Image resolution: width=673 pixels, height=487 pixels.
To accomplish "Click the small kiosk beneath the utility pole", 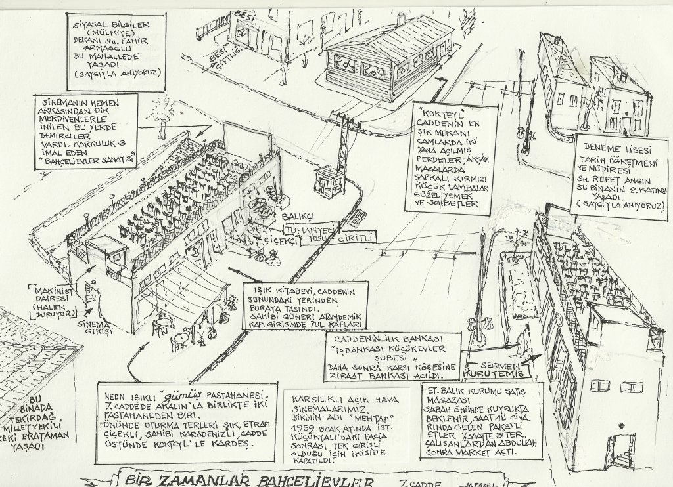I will tap(328, 181).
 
